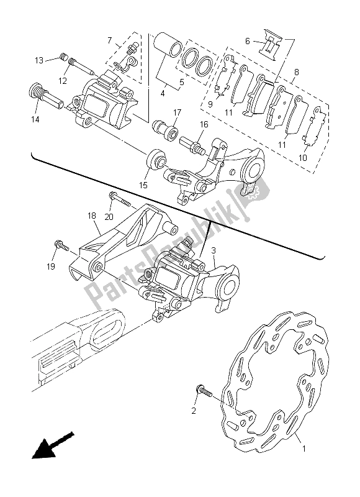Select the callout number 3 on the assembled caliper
point(214,250)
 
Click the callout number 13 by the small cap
point(38,60)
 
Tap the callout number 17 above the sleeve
point(177,112)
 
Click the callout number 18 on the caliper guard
point(92,216)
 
